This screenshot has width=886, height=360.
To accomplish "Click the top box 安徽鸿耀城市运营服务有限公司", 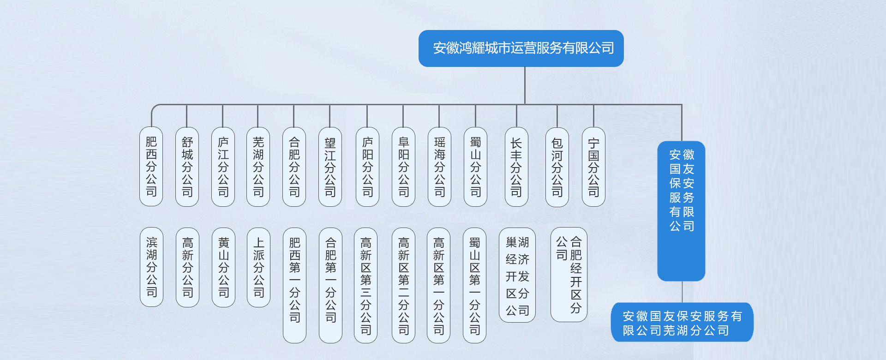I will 521,48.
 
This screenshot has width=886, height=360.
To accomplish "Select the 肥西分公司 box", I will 151,167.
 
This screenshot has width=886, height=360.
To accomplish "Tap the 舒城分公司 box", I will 187,167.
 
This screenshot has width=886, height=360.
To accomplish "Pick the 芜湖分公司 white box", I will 258,167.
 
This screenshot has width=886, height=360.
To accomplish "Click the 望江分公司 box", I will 330,167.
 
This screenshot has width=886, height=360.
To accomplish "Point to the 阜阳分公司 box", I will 403,167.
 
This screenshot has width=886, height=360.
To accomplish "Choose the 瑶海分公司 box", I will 439,167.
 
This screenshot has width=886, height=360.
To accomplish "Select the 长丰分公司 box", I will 516,167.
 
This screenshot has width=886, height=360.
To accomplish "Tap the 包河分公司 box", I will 557,167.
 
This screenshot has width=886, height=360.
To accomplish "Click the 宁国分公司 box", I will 593,167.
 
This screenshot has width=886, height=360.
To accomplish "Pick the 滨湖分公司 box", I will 151,267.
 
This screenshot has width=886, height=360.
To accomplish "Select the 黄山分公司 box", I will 223,267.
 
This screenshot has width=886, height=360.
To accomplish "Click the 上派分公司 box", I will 258,267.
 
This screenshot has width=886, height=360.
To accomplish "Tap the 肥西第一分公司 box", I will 294,285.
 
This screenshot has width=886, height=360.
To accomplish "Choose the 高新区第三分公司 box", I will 366,285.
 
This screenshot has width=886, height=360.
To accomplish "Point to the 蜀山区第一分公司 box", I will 474,285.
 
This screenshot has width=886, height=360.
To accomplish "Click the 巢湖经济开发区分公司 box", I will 517,275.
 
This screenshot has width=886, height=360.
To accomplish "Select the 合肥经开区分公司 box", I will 569,275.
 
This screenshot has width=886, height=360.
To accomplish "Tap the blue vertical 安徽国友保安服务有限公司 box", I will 681,211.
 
